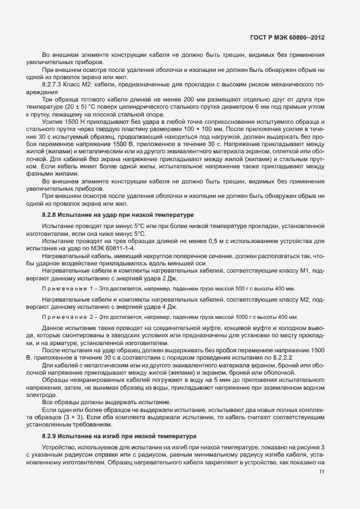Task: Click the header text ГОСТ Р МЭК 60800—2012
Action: click(x=288, y=38)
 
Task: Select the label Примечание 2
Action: click(x=67, y=317)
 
